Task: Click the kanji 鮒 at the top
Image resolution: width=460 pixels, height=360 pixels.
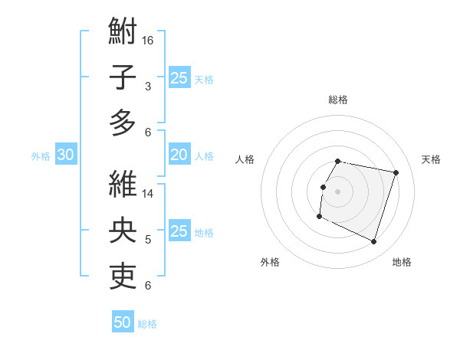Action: pyautogui.click(x=123, y=33)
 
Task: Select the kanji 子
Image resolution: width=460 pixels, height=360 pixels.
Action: pyautogui.click(x=123, y=77)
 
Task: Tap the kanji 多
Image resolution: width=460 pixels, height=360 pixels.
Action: pyautogui.click(x=123, y=122)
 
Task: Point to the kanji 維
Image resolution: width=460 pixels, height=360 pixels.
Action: pyautogui.click(x=123, y=184)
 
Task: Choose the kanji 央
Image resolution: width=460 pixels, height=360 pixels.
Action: pyautogui.click(x=123, y=229)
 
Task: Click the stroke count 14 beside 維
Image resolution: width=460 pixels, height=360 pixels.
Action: pyautogui.click(x=148, y=194)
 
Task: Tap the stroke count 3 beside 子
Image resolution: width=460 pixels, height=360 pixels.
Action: pyautogui.click(x=148, y=87)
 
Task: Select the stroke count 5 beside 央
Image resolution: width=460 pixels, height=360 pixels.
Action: pyautogui.click(x=148, y=240)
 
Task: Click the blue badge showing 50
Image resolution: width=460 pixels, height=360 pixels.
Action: pyautogui.click(x=123, y=322)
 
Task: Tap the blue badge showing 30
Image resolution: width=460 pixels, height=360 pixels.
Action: pyautogui.click(x=65, y=155)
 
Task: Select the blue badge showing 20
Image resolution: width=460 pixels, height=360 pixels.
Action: pyautogui.click(x=179, y=155)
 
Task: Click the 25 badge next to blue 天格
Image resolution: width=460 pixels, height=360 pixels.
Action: pyautogui.click(x=179, y=78)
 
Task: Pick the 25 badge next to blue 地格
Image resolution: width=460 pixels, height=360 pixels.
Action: pyautogui.click(x=179, y=232)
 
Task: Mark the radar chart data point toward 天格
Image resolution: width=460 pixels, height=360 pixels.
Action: pyautogui.click(x=396, y=173)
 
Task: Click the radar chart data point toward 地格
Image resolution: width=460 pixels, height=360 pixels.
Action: pyautogui.click(x=374, y=242)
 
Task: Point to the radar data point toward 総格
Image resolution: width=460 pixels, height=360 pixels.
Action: pyautogui.click(x=338, y=161)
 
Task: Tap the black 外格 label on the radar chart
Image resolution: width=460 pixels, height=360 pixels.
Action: pyautogui.click(x=269, y=262)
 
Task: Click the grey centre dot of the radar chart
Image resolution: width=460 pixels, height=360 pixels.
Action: pyautogui.click(x=337, y=191)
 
